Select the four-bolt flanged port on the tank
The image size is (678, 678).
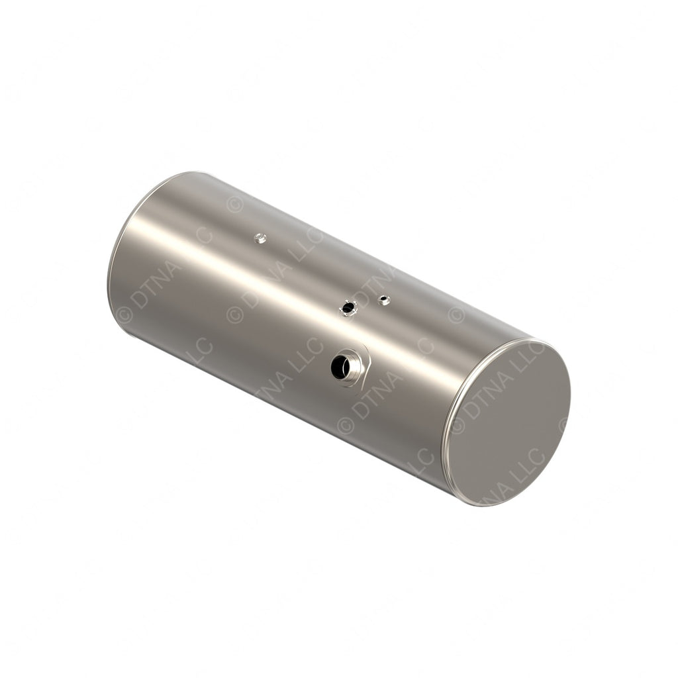(348, 308)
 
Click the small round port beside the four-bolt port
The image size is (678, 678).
(383, 300)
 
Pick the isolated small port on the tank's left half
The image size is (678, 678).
(261, 238)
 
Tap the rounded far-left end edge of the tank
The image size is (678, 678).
(113, 265)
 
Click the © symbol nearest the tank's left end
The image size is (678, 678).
(124, 315)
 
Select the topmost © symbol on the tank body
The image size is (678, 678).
(234, 205)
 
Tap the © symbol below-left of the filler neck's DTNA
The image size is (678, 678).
(345, 424)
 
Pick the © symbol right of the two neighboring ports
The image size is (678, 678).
(456, 315)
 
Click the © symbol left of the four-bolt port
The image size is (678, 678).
(234, 315)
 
